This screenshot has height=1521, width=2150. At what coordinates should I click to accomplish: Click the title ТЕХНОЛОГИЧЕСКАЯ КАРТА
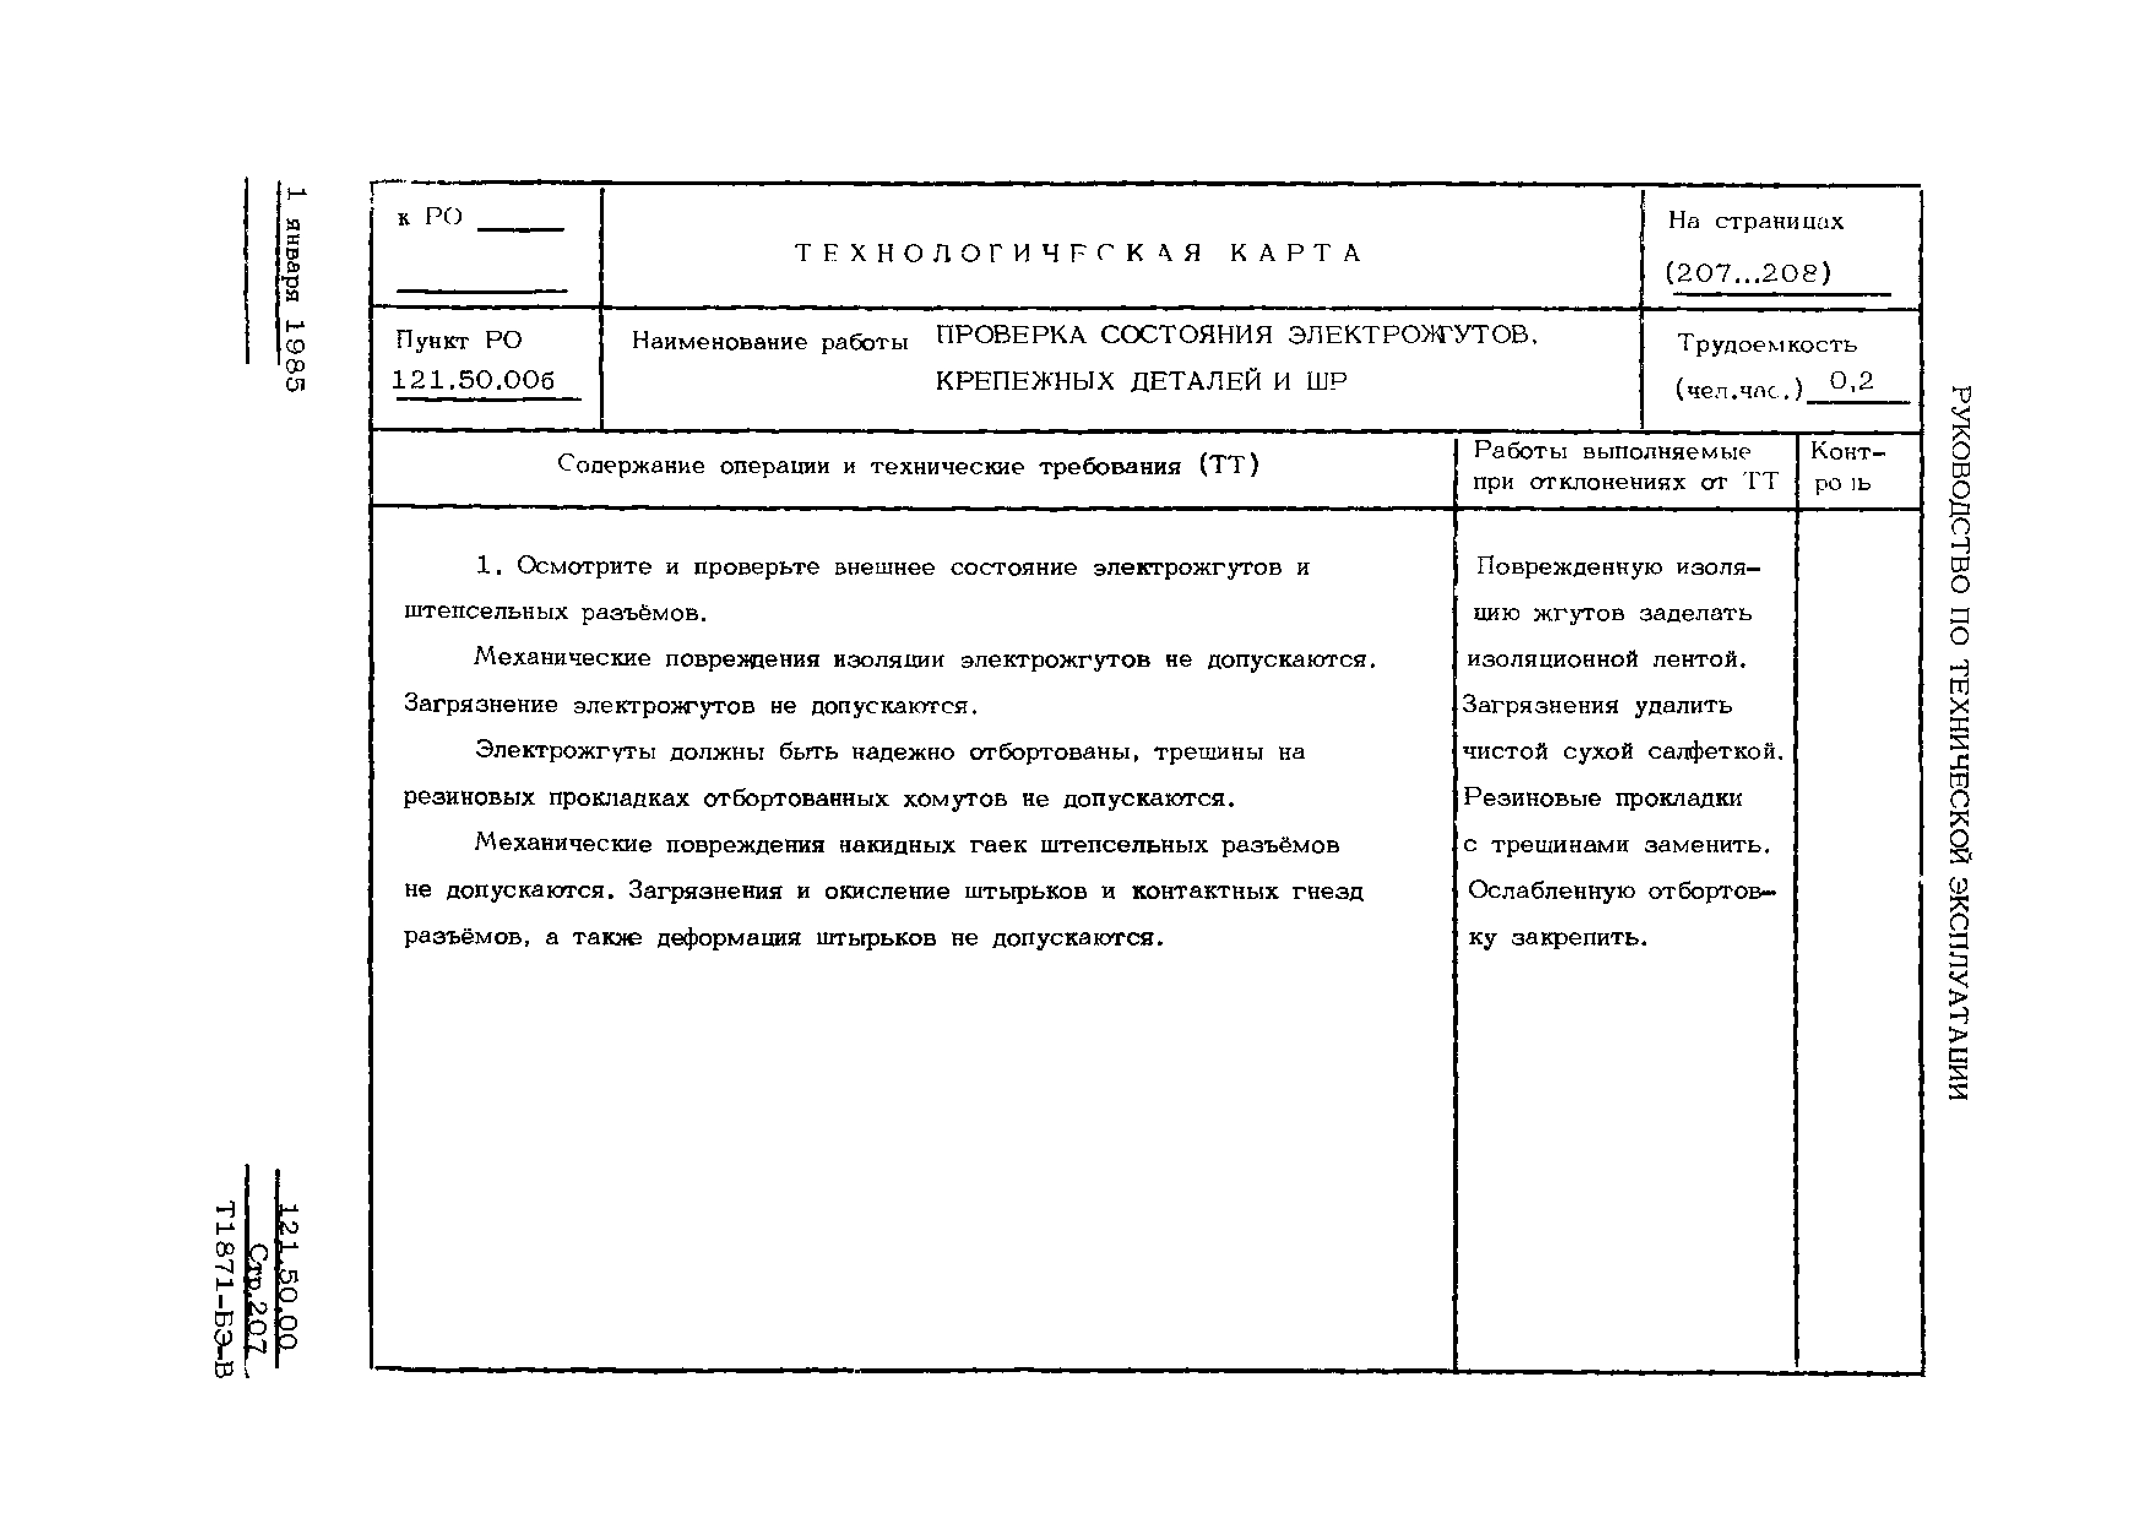(x=1079, y=253)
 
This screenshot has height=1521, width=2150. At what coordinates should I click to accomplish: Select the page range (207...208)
(x=1747, y=273)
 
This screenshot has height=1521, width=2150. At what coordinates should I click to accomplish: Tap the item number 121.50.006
(x=474, y=380)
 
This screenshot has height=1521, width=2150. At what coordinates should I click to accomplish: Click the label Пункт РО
(x=459, y=340)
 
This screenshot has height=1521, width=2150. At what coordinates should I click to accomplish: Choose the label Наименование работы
(x=770, y=342)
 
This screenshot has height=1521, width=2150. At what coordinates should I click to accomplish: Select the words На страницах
(x=1755, y=221)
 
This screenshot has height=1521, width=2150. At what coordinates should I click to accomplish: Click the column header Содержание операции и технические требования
(x=908, y=466)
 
